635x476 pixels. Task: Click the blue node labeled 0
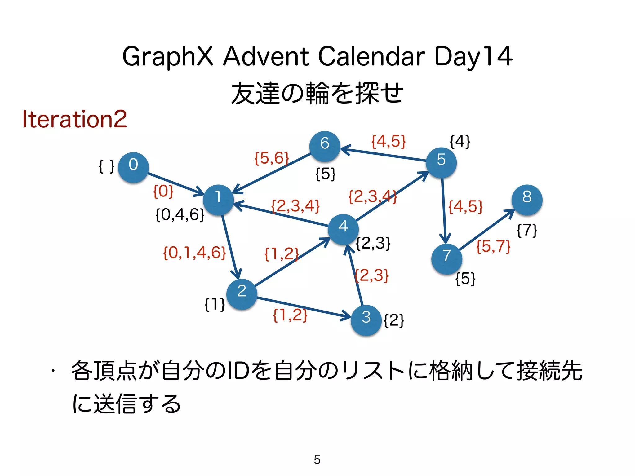tap(133, 167)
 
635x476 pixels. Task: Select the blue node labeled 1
tap(218, 200)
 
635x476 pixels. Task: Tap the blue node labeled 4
tap(343, 229)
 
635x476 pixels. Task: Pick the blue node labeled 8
tap(527, 200)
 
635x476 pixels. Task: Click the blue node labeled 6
tap(325, 146)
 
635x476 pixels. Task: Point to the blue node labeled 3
tap(366, 320)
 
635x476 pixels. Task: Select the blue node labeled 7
tap(446, 259)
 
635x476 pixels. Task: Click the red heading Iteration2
tap(75, 119)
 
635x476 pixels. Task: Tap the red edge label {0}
tap(163, 191)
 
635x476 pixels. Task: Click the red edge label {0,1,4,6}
tap(194, 253)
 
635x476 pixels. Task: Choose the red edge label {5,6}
tap(272, 158)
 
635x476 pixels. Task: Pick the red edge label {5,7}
tap(493, 247)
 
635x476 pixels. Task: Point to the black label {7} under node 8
tap(527, 231)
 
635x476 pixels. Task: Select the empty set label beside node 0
tap(106, 166)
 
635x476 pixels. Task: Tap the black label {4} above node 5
tap(460, 142)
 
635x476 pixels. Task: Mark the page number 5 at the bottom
tap(317, 460)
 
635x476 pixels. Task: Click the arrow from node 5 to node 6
tap(384, 155)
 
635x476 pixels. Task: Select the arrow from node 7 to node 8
tap(486, 230)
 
